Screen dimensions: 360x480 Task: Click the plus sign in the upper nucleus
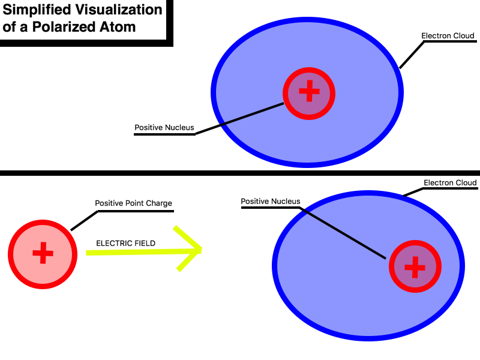tap(309, 94)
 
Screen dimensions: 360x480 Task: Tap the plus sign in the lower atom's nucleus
tap(415, 268)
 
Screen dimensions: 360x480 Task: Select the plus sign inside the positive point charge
tap(43, 253)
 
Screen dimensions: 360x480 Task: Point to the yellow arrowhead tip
tap(200, 250)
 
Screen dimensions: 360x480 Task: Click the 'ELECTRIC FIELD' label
tap(126, 244)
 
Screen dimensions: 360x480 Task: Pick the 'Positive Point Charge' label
tap(134, 203)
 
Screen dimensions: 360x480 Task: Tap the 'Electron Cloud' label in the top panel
tap(448, 36)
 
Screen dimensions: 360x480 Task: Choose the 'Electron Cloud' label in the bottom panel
tap(450, 183)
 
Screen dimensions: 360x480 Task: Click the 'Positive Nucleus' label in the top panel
tap(164, 128)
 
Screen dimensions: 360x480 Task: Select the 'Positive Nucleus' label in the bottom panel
tap(271, 202)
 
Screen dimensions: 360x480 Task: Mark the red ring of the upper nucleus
tap(309, 70)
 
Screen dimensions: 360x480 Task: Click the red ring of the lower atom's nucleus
tap(415, 244)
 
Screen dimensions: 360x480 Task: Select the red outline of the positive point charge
tap(43, 222)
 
